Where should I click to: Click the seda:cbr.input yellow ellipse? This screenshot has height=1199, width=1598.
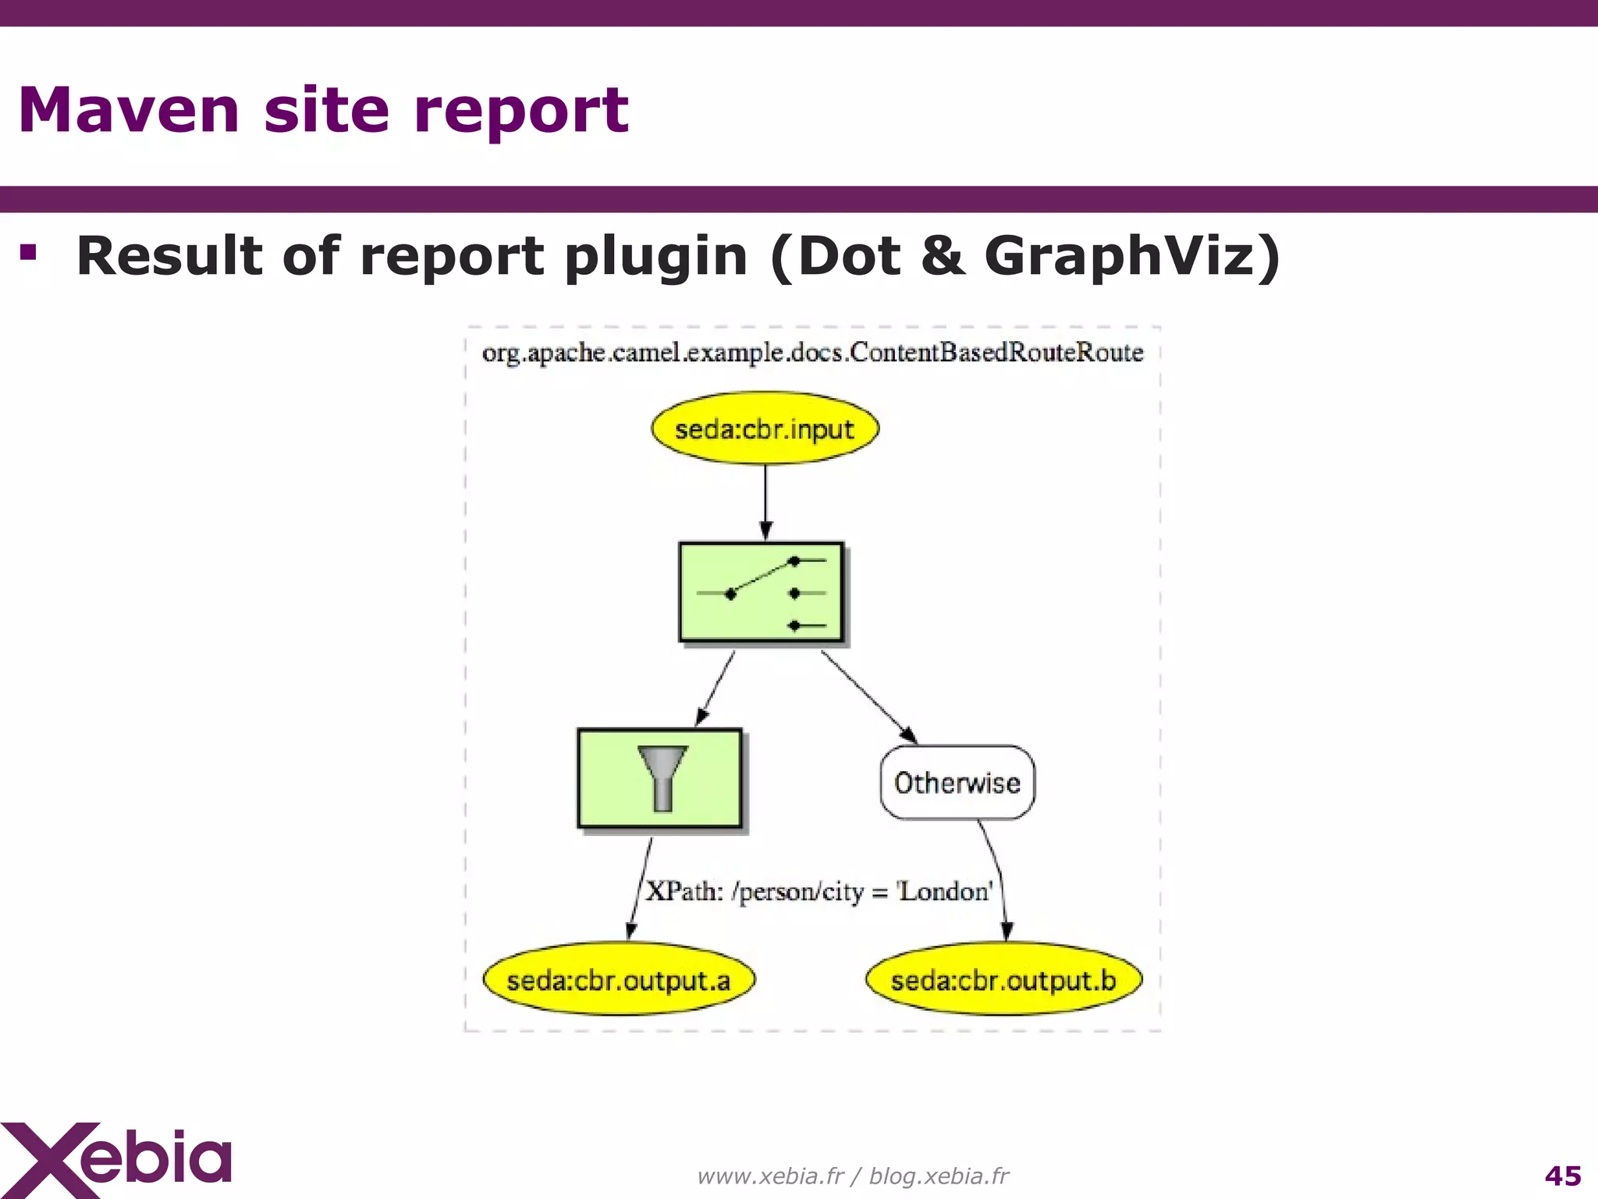(x=765, y=429)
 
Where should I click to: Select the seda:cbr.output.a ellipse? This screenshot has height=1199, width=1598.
(x=619, y=980)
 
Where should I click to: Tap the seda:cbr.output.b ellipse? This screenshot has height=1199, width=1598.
(x=1003, y=980)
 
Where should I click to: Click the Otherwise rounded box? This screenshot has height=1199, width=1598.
(x=957, y=782)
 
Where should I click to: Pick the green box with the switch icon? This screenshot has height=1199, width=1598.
(x=762, y=592)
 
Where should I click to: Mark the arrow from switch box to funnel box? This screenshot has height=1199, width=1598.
(x=716, y=687)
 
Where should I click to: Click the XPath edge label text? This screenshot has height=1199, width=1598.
(x=819, y=891)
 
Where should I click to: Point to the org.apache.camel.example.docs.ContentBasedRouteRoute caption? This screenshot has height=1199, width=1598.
(x=812, y=353)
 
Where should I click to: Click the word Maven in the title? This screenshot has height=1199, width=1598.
(x=129, y=110)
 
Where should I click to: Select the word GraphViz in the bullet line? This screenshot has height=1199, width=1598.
(x=1131, y=256)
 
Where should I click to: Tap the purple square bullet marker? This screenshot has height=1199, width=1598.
(x=29, y=252)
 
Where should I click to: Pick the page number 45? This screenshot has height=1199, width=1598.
(x=1562, y=1176)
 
